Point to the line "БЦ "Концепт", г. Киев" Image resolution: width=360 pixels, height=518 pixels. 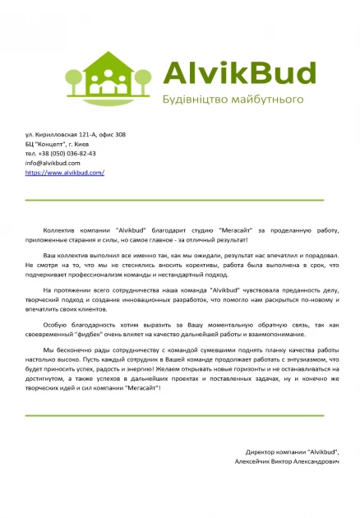pos(62,144)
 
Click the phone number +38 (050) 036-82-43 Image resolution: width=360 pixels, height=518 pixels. pos(61,154)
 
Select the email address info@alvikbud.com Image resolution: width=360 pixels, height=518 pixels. pos(58,163)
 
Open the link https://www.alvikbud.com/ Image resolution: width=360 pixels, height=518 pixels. pos(65,173)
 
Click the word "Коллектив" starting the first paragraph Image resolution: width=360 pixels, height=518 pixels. pos(59,230)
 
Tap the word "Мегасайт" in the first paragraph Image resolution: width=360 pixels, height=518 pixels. pos(236,230)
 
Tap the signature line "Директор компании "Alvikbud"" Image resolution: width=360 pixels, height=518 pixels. pos(292,452)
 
